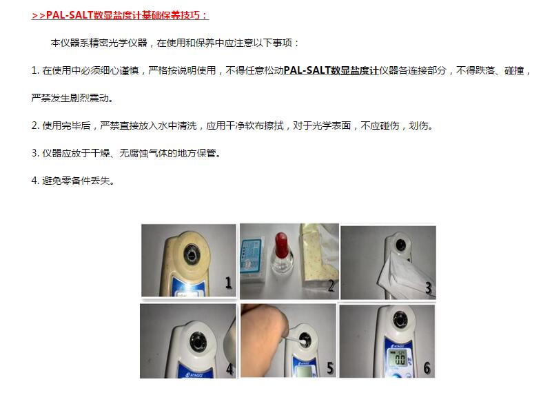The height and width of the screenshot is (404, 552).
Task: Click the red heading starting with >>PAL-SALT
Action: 120,15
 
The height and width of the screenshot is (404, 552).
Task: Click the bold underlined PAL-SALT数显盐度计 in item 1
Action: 331,70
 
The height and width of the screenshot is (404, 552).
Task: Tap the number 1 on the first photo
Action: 229,283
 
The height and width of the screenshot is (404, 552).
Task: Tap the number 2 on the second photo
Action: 331,285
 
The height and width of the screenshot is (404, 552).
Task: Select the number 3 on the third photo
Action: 429,288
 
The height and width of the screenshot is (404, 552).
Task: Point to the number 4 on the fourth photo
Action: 230,369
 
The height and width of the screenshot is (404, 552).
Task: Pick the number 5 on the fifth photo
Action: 330,368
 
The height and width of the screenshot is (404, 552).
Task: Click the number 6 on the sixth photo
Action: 427,368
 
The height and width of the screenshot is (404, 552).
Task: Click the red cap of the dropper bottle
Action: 282,245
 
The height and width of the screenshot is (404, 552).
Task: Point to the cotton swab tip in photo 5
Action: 303,341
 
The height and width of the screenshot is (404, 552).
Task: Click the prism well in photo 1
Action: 192,254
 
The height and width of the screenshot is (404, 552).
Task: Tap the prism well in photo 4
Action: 198,341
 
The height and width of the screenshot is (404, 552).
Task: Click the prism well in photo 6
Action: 400,320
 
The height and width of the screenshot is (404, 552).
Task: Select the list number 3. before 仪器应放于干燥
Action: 35,153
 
